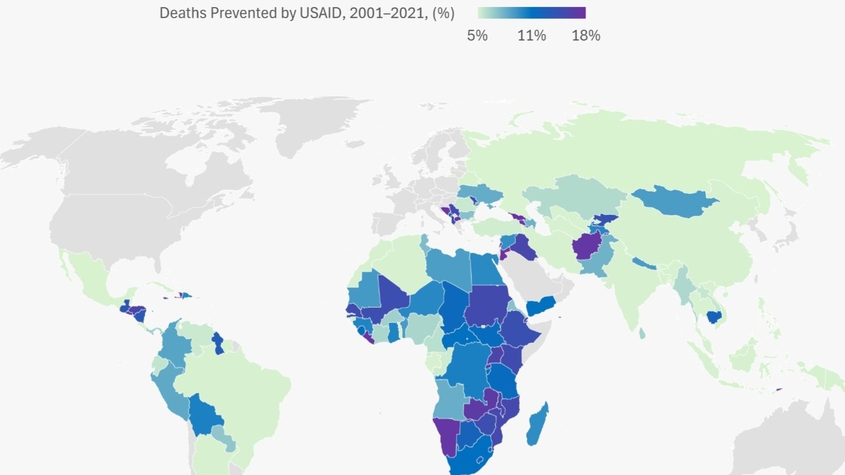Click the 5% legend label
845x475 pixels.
477,36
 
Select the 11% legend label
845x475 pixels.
532,36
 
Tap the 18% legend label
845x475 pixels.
586,36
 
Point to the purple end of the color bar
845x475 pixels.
579,13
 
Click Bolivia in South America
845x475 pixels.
206,413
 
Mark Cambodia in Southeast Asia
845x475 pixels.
714,317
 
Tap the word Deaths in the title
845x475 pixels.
179,14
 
